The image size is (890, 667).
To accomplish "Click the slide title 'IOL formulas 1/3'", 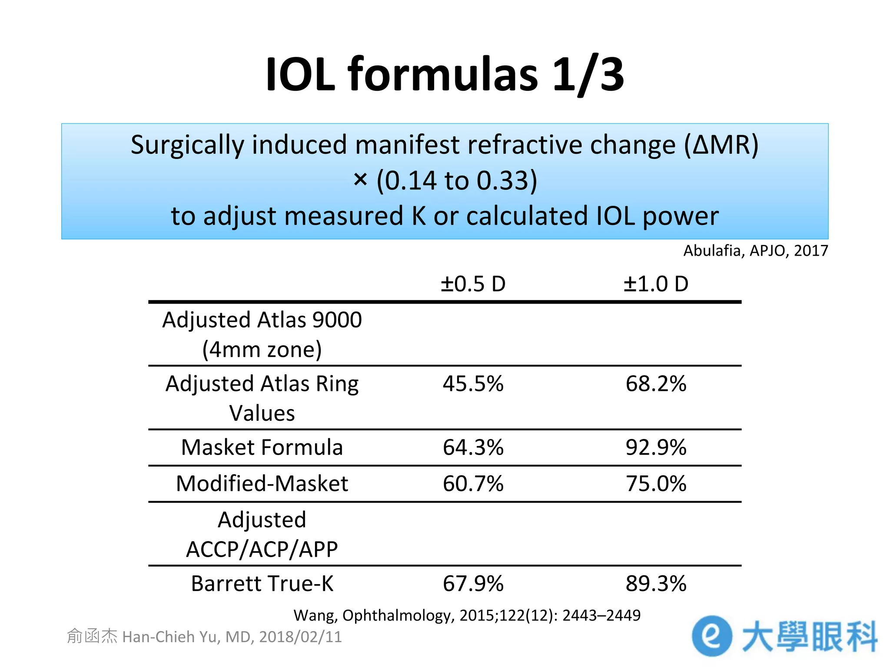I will pos(445,75).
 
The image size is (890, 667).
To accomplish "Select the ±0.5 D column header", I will pos(473,284).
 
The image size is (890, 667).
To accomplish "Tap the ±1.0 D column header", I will pos(656,284).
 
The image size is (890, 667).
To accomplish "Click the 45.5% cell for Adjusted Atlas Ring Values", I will pos(473,384).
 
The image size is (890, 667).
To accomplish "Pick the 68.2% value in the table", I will pos(656,384).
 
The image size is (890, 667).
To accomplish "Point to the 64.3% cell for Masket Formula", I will pos(473,447).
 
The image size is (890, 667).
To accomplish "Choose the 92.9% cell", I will pos(656,447).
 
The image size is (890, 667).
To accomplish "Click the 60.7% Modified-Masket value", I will pos(473,483).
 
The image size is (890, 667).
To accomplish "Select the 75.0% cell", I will pos(656,483).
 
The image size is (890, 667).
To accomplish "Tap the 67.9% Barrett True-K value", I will pos(473,583).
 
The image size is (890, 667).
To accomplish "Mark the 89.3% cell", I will pos(656,583).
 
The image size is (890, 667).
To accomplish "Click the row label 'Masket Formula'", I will pos(262,447).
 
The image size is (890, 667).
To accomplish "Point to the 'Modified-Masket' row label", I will pos(262,483).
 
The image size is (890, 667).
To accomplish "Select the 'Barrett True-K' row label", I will pos(262,583).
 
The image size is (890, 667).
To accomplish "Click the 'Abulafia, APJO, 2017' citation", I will pos(755,251).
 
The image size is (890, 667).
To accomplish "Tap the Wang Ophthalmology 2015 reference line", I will pos(467,615).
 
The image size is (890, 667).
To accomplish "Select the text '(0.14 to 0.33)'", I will pos(457,180).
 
